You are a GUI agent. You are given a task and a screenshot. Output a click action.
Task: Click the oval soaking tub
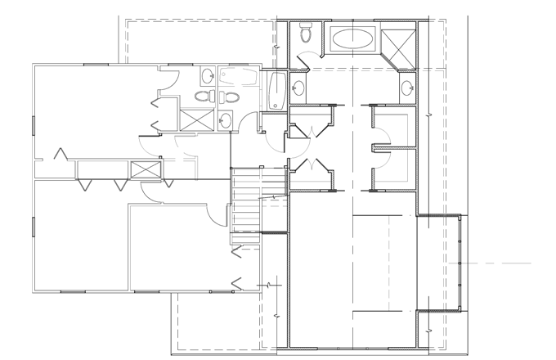click(x=352, y=38)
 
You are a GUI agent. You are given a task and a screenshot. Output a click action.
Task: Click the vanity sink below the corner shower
click(x=406, y=88)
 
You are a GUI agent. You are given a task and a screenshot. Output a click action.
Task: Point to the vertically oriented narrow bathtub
click(x=276, y=91)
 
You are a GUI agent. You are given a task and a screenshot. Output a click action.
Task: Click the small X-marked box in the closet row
click(x=146, y=170)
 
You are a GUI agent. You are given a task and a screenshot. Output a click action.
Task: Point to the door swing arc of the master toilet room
click(x=304, y=59)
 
